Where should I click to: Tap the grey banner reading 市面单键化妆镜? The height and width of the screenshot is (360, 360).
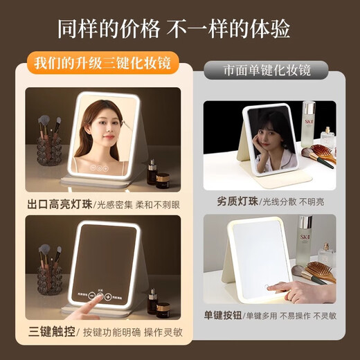[x=267, y=71]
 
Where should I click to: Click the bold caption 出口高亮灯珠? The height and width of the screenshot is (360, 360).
[x=60, y=204]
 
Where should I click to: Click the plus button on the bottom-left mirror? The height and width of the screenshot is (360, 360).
[x=109, y=296]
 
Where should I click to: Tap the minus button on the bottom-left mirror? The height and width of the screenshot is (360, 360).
[x=89, y=296]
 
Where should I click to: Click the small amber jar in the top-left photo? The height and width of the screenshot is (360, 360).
[x=163, y=180]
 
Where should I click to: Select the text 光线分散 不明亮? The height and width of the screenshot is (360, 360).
[x=297, y=202]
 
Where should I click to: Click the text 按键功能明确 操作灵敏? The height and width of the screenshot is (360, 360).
[x=131, y=332]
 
